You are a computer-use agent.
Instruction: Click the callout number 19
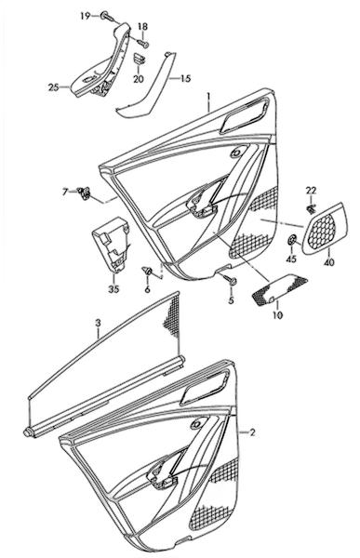pos(85,16)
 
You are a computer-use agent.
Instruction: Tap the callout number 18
pos(142,27)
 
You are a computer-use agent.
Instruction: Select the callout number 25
pos(53,86)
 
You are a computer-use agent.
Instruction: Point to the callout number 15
pos(185,78)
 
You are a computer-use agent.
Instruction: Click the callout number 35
pos(113,289)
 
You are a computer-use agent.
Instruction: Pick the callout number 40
pos(329,262)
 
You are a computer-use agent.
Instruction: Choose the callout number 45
pos(291,259)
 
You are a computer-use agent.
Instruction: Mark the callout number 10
pos(278,315)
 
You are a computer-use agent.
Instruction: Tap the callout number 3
pos(99,323)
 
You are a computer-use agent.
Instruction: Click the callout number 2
pos(252,432)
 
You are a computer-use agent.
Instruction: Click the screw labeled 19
pos(107,16)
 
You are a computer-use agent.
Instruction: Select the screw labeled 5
pos(230,279)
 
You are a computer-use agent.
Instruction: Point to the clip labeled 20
pos(139,59)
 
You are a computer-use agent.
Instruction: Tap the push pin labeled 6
pos(147,272)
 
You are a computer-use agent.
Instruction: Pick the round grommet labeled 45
pos(292,240)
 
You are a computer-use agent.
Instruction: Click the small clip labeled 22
pos(311,209)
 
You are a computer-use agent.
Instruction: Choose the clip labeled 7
pos(84,193)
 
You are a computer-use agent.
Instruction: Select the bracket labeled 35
pos(111,245)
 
